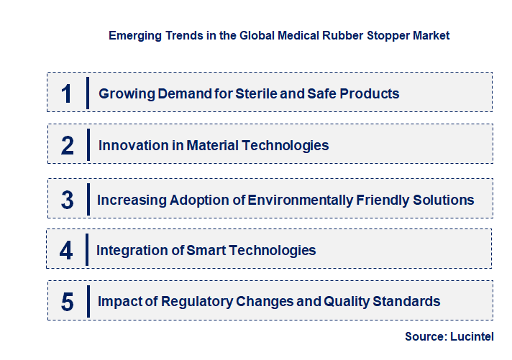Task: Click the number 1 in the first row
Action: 66,93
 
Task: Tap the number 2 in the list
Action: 68,145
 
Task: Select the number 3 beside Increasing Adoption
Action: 68,200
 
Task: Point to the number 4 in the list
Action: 66,250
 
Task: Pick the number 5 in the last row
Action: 68,302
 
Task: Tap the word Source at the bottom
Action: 425,336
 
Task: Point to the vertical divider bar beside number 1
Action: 87,93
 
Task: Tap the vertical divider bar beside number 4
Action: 87,250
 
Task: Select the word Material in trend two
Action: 214,145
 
